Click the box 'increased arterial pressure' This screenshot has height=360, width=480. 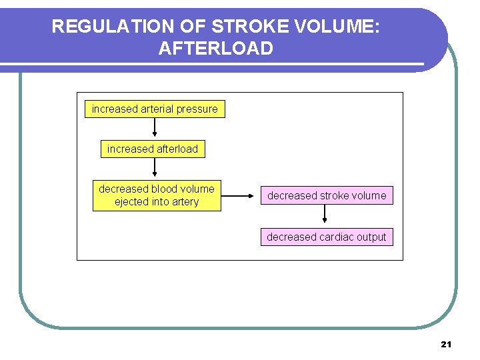point(155,109)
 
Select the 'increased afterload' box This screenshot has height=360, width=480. point(153,149)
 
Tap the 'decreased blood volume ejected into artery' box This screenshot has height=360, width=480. point(157,195)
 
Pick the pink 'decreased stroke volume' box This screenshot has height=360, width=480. point(327,196)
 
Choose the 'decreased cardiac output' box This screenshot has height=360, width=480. point(327,237)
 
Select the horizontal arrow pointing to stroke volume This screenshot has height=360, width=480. point(240,196)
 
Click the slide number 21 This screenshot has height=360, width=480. point(446,344)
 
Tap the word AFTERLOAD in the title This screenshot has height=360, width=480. point(216,49)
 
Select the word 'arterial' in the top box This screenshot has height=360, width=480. point(161,109)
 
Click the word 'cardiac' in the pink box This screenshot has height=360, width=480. point(338,237)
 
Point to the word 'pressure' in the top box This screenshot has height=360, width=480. point(199,109)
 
